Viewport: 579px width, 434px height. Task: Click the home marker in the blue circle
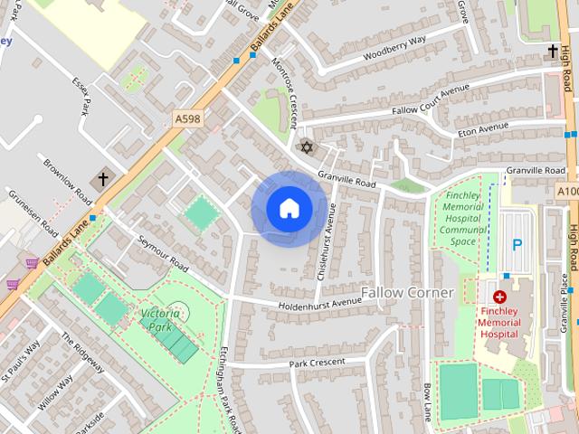(x=289, y=208)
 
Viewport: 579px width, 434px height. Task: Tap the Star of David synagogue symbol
(x=306, y=147)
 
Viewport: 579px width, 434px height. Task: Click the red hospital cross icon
(x=498, y=296)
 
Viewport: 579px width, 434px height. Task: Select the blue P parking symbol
(x=517, y=244)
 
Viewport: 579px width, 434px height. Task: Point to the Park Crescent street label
(x=318, y=363)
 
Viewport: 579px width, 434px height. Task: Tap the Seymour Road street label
(x=163, y=255)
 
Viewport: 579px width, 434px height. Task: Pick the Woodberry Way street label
(x=394, y=48)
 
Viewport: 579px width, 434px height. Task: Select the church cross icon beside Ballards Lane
(x=103, y=179)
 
